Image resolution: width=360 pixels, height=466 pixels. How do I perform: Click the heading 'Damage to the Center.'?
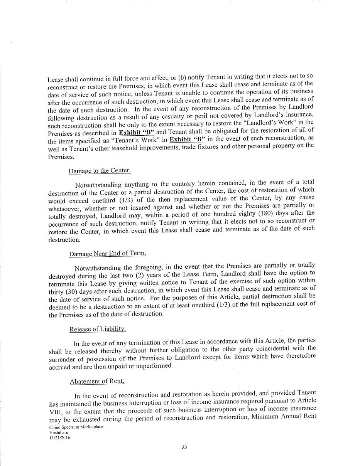click(100, 171)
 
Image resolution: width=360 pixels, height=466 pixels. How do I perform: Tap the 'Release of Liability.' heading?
click(98, 329)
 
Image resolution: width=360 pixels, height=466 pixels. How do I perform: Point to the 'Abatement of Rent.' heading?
click(97, 381)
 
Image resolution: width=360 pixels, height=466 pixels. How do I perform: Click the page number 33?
click(184, 447)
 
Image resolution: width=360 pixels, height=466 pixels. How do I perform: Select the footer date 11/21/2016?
click(59, 437)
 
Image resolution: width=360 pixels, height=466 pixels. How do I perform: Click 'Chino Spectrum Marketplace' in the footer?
click(76, 427)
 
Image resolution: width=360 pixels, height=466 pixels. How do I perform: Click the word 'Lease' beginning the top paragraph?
click(55, 80)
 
